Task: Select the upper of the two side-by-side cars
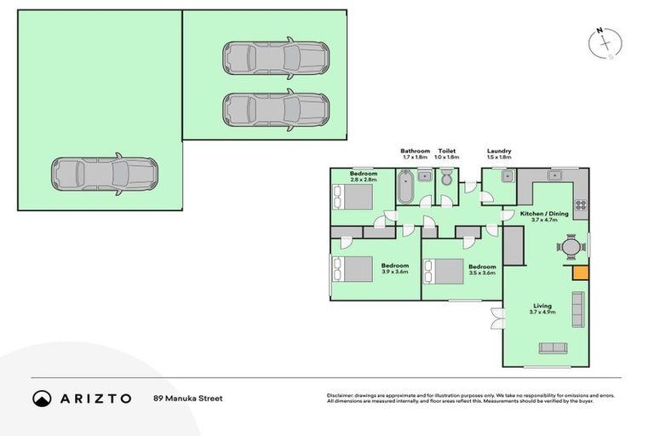(x=276, y=59)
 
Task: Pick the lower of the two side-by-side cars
(x=276, y=110)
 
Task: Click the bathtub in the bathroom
(x=406, y=186)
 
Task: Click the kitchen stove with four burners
(x=580, y=204)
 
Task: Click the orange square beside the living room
(x=580, y=272)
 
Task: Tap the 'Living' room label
(x=543, y=306)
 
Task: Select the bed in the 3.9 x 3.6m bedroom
(x=353, y=270)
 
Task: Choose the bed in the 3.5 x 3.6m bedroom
(x=444, y=271)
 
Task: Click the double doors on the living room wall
(x=496, y=318)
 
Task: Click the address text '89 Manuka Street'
(x=187, y=398)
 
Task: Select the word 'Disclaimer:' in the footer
(x=342, y=395)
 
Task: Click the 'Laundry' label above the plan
(x=499, y=151)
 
